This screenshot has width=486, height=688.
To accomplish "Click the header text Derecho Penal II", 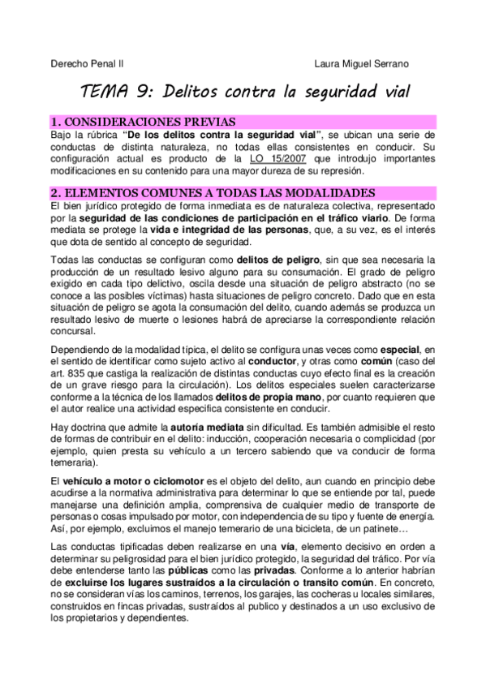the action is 87,63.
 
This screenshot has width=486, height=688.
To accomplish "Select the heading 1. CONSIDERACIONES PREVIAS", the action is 143,120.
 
